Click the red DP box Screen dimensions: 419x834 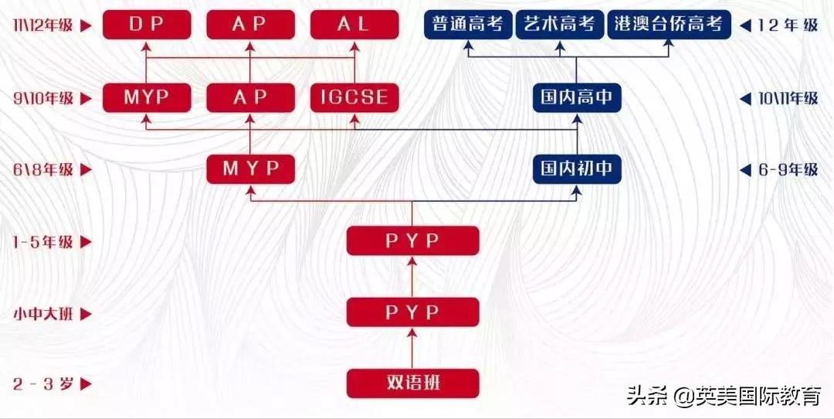coord(147,24)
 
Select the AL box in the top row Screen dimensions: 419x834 coord(354,24)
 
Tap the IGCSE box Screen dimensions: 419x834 coord(354,98)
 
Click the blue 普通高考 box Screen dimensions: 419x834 coord(468,24)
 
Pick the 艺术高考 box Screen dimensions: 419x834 coord(560,24)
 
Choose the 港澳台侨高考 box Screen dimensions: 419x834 coord(669,24)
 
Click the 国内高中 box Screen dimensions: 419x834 coord(577,98)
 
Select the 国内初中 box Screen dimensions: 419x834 coord(577,169)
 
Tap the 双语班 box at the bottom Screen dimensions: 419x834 coord(412,383)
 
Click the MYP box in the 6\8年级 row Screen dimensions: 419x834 coord(250,169)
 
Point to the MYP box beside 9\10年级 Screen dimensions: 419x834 coord(147,98)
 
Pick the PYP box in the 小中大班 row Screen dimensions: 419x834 coord(412,312)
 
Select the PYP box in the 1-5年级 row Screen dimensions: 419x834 coord(412,241)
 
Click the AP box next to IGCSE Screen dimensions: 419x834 coord(250,98)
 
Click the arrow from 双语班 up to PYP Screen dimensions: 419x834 coord(412,348)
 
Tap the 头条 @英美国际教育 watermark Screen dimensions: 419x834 coord(724,397)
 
